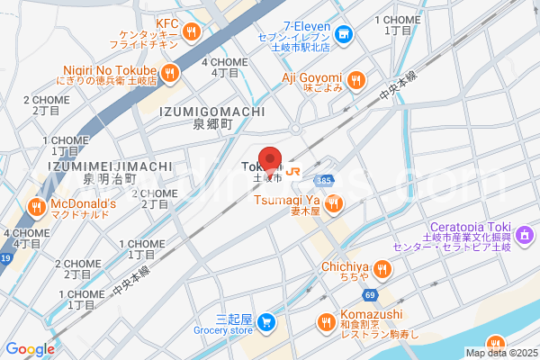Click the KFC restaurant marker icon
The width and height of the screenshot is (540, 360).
pyautogui.click(x=192, y=33)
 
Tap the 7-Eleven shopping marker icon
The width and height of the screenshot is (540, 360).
pyautogui.click(x=347, y=35)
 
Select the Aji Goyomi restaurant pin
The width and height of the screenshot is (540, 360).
pyautogui.click(x=356, y=81)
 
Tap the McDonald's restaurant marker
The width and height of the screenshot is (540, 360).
pyautogui.click(x=37, y=207)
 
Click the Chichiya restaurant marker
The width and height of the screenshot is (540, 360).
pyautogui.click(x=382, y=268)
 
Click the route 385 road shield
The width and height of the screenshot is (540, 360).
pyautogui.click(x=325, y=181)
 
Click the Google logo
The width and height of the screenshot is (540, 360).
pyautogui.click(x=30, y=349)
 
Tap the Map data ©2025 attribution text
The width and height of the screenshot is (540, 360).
pyautogui.click(x=501, y=353)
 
